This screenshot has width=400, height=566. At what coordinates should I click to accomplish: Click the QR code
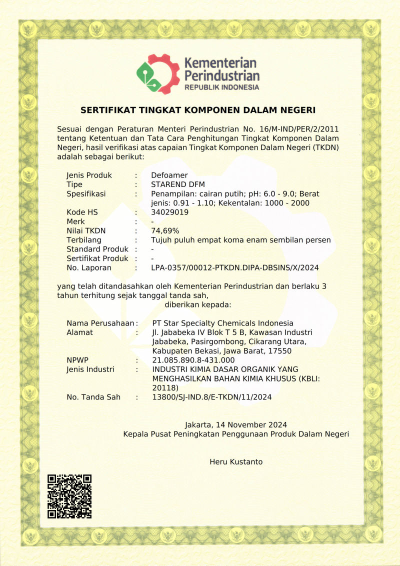coord(69,496)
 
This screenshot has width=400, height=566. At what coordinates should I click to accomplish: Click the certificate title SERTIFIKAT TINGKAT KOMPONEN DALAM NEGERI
coord(198,110)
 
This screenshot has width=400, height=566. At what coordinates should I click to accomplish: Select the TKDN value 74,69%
coord(165,231)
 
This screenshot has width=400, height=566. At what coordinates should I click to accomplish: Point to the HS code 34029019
coord(169,212)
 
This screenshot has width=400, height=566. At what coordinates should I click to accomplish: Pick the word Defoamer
coord(169,175)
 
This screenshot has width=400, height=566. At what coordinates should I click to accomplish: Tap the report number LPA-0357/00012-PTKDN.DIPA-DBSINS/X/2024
coord(235,268)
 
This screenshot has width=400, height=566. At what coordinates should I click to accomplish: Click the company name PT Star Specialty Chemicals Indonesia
coord(222,323)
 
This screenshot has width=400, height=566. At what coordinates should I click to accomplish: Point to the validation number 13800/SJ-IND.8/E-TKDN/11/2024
coord(211,397)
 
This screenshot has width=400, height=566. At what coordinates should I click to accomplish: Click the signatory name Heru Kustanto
coord(236,462)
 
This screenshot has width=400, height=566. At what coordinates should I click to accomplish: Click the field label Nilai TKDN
coord(86,231)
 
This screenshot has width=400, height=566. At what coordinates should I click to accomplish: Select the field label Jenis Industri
coord(90,369)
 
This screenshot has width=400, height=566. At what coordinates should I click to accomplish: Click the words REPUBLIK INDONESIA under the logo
coord(222,87)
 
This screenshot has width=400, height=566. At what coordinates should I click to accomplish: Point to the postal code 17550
coord(280,351)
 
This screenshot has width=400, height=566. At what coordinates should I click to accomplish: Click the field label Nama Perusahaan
coord(100,323)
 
